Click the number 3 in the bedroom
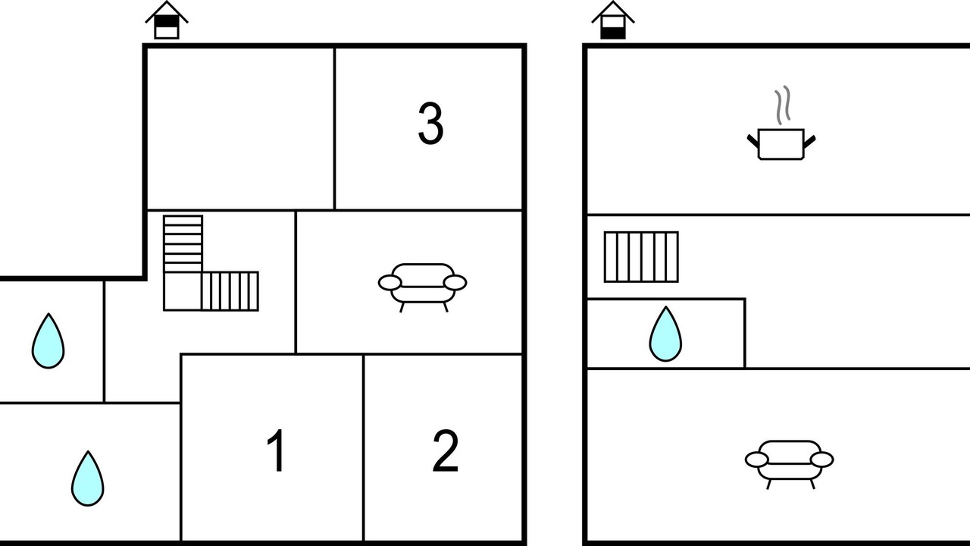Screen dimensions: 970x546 [431, 124]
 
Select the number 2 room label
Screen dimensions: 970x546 [445, 450]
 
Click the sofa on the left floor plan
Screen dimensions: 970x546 [422, 287]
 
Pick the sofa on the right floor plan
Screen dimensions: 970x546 [789, 465]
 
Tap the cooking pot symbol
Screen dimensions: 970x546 [781, 144]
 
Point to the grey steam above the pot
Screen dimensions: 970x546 [783, 105]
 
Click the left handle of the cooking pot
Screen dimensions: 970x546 [753, 141]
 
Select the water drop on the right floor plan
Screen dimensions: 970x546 [665, 334]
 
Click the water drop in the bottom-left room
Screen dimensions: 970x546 [87, 479]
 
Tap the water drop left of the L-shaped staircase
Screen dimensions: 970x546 [48, 341]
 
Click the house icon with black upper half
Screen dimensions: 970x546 [167, 20]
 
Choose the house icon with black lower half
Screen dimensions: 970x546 [613, 20]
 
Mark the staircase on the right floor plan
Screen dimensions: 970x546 [641, 257]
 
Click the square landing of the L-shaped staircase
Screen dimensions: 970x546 [183, 291]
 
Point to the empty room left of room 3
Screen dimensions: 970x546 [240, 129]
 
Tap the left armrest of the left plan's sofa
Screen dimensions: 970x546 [390, 283]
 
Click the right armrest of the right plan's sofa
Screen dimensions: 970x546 [822, 460]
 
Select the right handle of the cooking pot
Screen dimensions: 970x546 [810, 141]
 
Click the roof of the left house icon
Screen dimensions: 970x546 [167, 11]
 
